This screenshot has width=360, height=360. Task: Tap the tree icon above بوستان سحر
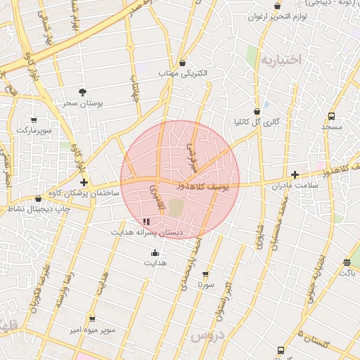83,92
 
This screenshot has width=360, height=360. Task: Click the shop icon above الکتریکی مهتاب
183,63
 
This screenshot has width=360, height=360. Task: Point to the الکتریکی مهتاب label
185,73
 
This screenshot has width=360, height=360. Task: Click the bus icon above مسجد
331,116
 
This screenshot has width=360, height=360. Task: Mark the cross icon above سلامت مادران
295,174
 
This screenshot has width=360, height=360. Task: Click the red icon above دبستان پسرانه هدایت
146,221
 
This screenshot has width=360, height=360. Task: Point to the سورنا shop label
205,285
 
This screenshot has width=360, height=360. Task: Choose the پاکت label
347,273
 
